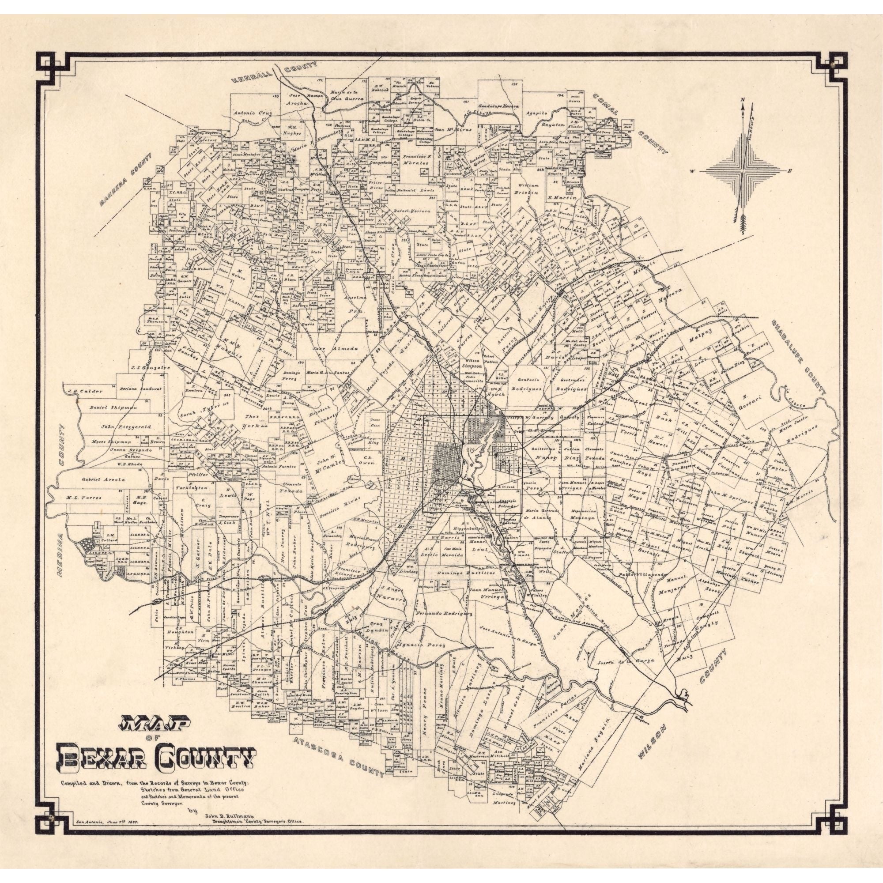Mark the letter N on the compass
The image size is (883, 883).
point(743,100)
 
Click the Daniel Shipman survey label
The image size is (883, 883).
point(107,407)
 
